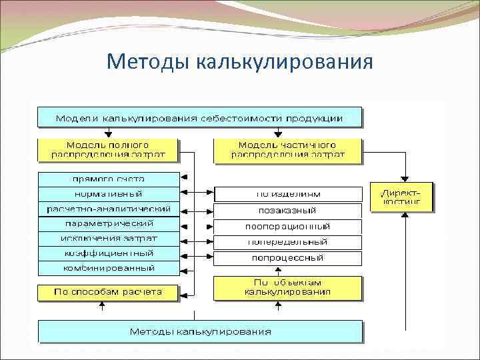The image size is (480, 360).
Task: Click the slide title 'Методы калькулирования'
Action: pos(239,62)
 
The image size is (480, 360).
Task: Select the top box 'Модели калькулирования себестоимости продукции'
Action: pos(199,118)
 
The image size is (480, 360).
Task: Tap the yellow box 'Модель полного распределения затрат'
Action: pos(107,150)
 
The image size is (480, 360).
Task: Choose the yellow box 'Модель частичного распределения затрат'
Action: pos(287,150)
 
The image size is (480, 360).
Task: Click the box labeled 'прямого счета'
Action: pos(109,179)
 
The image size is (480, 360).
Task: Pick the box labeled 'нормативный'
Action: pos(109,194)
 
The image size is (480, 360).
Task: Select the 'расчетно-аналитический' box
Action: pos(109,209)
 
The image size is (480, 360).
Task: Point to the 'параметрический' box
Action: pos(109,223)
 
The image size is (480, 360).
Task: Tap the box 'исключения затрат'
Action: pos(109,238)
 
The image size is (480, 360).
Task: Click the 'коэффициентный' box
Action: pos(109,253)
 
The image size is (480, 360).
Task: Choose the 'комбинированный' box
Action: pos(109,268)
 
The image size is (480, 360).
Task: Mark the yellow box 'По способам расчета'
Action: pos(109,291)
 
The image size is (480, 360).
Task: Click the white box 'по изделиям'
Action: pos(288,194)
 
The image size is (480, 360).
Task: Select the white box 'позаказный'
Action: pos(288,210)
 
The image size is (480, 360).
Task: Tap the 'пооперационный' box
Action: pos(288,226)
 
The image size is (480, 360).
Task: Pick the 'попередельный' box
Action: pos(288,241)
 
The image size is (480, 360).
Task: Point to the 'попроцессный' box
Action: pos(288,257)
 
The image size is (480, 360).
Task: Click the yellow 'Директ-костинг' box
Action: pos(401,197)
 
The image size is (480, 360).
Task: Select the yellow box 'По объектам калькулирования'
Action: pos(288,287)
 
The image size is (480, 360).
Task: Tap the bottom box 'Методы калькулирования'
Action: pos(200,331)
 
